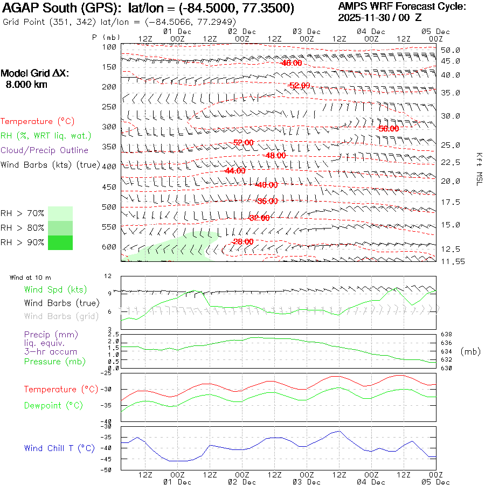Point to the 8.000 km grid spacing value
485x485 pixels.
26,84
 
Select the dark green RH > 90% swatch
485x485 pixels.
60,242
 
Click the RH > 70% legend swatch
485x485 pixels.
60,213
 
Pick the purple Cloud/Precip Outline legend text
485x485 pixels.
45,150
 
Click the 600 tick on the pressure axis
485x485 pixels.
109,247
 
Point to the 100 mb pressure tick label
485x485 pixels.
109,47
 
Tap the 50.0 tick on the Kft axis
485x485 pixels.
450,50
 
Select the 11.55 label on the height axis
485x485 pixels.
451,261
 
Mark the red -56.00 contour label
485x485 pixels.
389,129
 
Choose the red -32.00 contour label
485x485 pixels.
259,218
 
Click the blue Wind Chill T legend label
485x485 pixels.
59,448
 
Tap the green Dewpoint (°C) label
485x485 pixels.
53,405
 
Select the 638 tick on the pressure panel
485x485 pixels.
447,335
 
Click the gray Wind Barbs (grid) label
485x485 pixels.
56,316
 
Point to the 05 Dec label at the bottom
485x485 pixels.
435,482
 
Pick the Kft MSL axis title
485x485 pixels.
478,168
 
